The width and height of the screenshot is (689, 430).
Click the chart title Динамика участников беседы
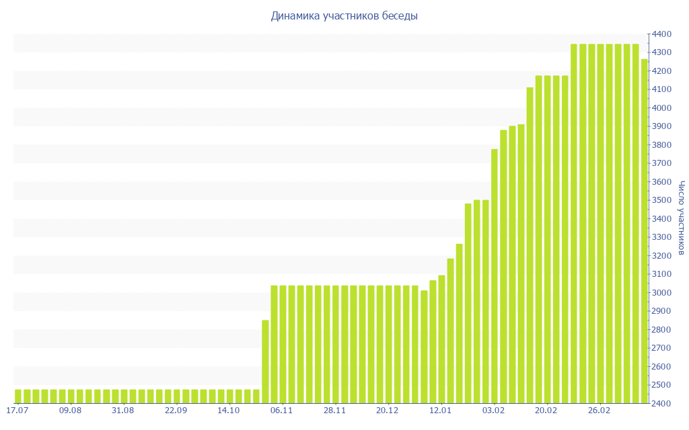tap(344, 16)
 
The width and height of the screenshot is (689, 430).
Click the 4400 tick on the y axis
tap(661, 34)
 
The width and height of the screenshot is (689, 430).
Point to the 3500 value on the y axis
tap(661, 201)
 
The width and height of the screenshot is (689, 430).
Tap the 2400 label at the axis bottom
tap(661, 404)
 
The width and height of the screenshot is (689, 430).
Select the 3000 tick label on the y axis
tap(661, 293)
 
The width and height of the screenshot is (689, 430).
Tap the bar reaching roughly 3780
tap(495, 276)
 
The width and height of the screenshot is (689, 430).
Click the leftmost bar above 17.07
tap(18, 396)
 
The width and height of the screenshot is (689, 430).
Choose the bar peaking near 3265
tap(460, 323)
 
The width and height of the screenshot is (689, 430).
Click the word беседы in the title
tap(400, 16)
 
